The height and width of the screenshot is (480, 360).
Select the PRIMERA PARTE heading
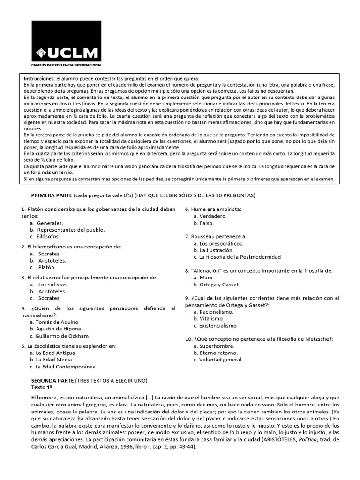(51, 195)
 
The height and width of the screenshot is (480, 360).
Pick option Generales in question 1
(50, 223)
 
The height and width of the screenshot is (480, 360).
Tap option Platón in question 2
(47, 267)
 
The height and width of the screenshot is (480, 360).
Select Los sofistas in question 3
(53, 284)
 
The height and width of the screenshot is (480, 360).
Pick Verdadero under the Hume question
(213, 216)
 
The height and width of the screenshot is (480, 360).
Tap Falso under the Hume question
(207, 223)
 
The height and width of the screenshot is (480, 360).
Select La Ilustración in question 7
(216, 250)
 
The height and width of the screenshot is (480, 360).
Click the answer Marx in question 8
(206, 277)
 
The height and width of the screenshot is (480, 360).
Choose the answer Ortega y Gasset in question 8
(219, 285)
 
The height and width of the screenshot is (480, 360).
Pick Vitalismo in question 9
(211, 318)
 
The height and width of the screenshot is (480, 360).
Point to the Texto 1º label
(42, 387)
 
